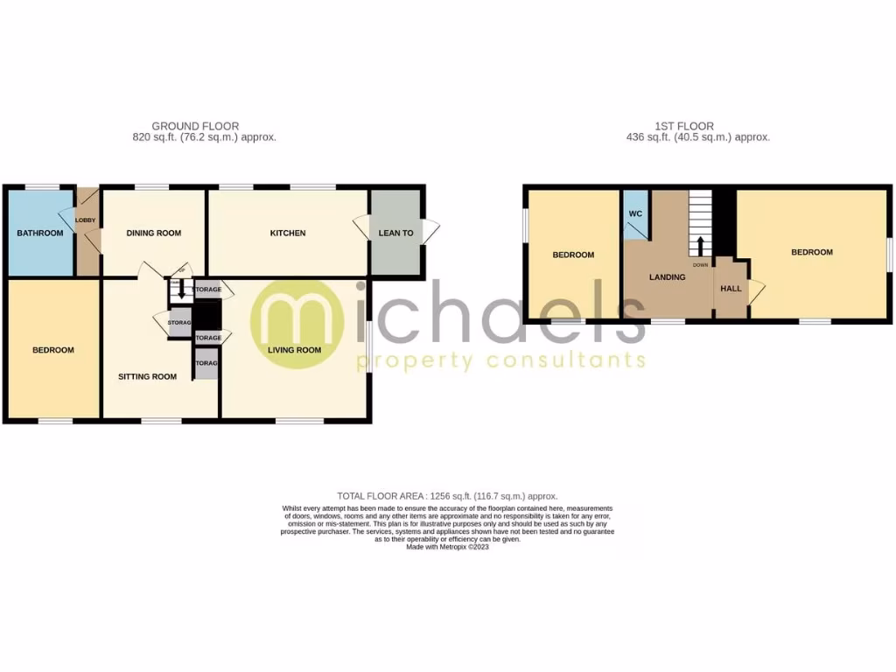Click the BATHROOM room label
[40, 233]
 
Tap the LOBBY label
[85, 220]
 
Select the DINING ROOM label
[154, 233]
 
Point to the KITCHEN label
[288, 233]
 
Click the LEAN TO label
[395, 233]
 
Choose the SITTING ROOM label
[148, 377]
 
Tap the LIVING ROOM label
[294, 350]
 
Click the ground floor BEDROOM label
[53, 350]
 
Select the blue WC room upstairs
[634, 213]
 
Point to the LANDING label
[667, 277]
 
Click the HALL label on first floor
[731, 288]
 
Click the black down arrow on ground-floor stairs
[181, 290]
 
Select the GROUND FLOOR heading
[195, 126]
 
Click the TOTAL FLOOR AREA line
[447, 496]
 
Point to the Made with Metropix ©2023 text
[447, 547]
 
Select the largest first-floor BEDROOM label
[812, 252]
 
